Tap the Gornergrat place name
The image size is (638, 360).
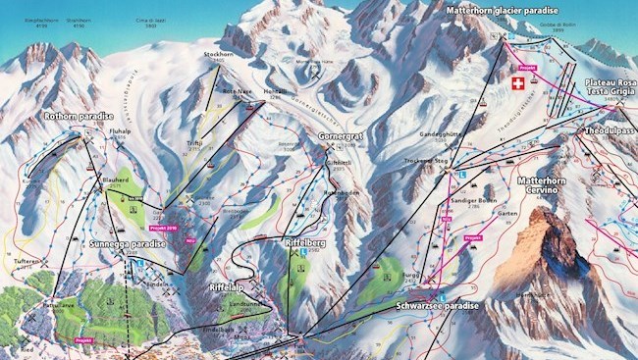click(x=343, y=135)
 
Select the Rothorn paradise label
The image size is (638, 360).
click(x=80, y=116)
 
